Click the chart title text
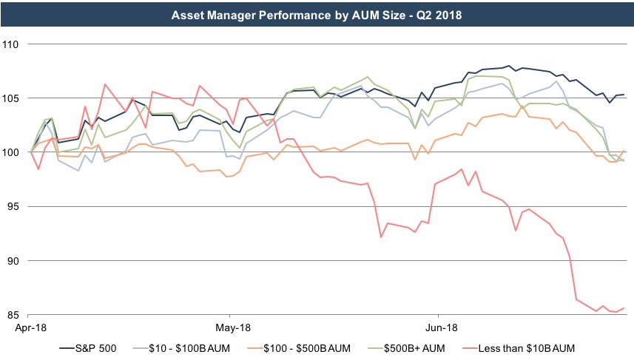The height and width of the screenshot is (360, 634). (317, 14)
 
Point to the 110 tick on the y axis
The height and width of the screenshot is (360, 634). (13, 44)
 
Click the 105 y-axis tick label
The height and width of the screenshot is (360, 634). (13, 98)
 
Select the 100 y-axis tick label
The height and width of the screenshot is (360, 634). (13, 152)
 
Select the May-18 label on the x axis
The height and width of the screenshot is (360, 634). (233, 326)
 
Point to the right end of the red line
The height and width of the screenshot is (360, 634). (624, 308)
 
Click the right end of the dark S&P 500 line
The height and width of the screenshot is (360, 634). (624, 95)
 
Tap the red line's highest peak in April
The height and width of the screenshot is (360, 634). (105, 84)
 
